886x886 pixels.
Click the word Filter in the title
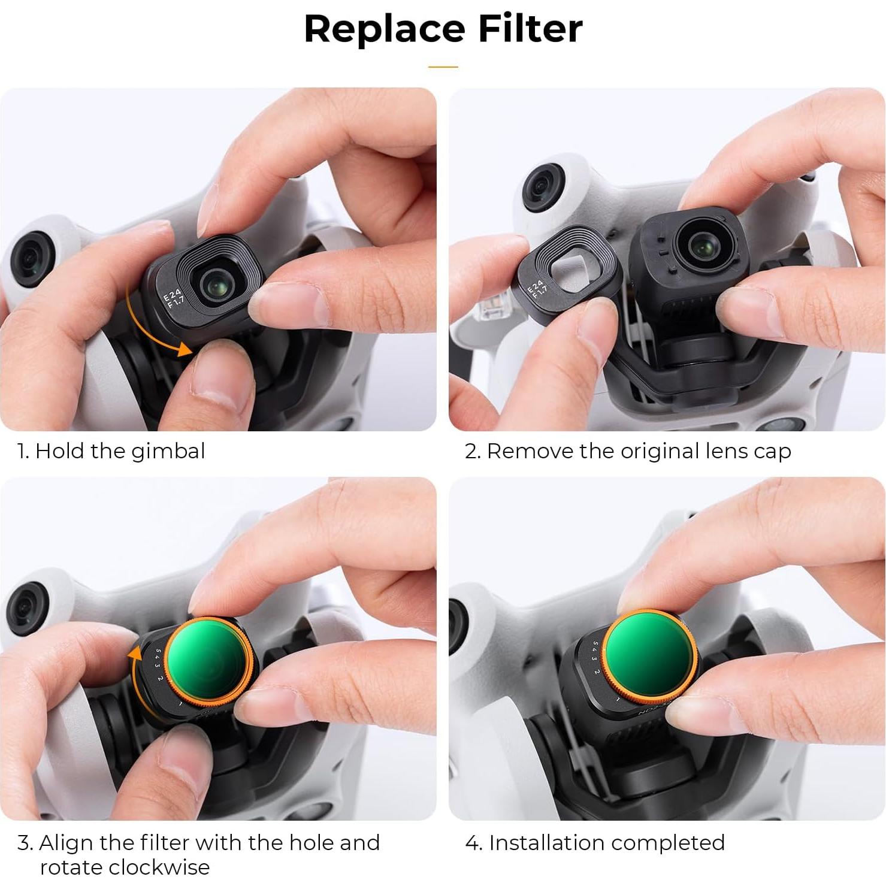click(x=530, y=29)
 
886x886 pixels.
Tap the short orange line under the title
click(x=443, y=67)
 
